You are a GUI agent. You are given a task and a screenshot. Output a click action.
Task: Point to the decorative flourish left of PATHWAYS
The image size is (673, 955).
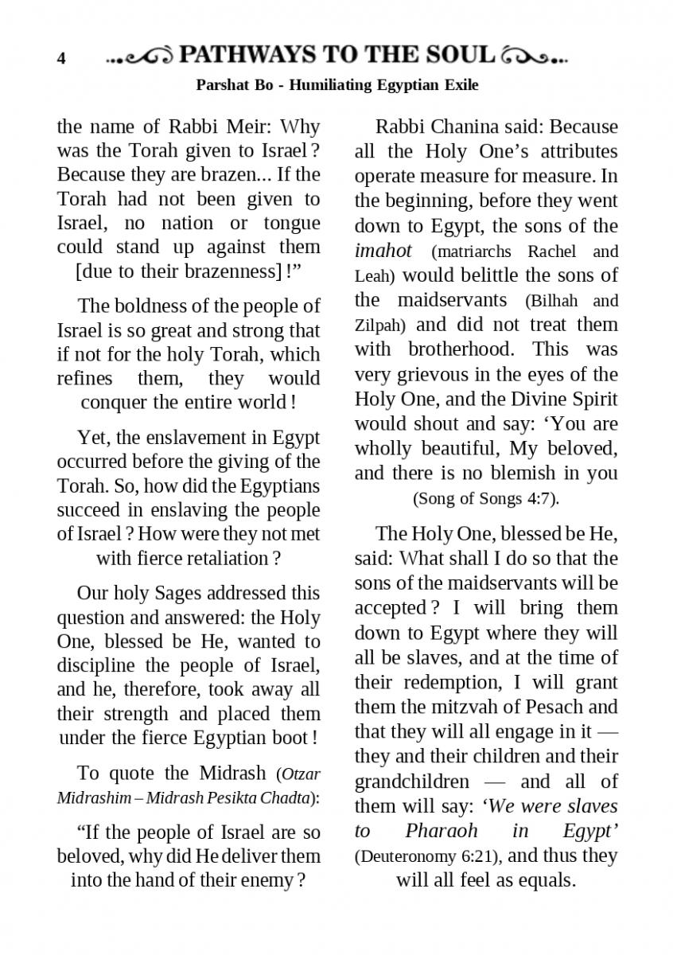pos(140,57)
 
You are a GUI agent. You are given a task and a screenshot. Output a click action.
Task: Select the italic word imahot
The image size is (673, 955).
pos(383,251)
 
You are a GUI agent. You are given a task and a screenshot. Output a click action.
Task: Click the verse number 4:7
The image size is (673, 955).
pos(543,499)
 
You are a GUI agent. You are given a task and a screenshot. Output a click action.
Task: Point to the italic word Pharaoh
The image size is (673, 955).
pos(441,831)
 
